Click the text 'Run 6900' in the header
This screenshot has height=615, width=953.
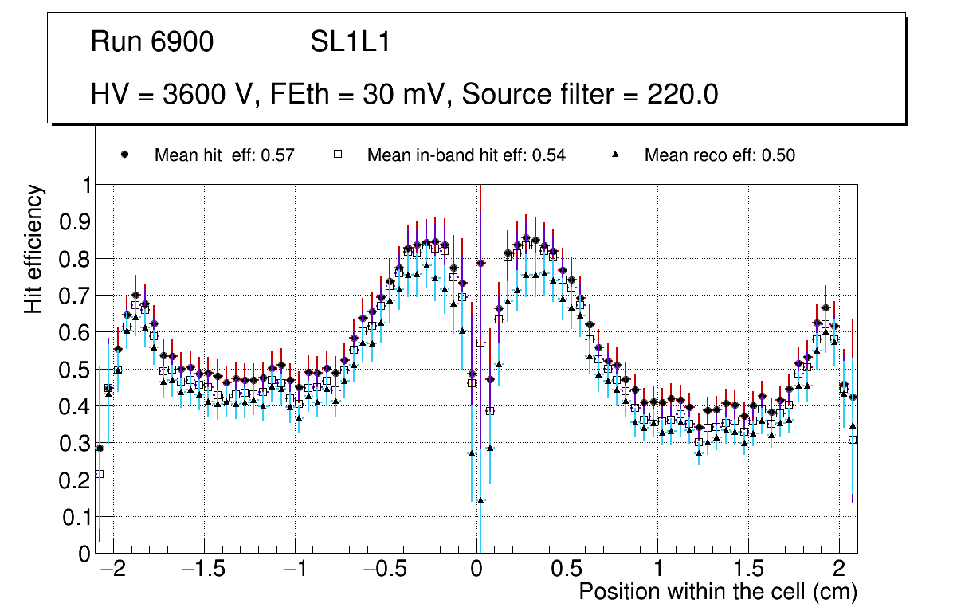click(x=152, y=42)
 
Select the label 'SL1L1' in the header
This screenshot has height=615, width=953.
click(x=350, y=42)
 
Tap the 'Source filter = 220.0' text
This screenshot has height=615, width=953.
click(x=590, y=95)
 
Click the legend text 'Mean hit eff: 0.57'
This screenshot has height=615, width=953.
click(x=225, y=155)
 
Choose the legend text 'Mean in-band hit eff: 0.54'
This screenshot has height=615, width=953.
click(x=466, y=155)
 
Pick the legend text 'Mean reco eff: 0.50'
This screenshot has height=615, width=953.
click(x=720, y=155)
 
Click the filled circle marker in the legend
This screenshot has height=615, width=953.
click(x=124, y=155)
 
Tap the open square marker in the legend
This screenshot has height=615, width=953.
click(x=337, y=155)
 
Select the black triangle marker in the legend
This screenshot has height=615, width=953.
click(x=615, y=155)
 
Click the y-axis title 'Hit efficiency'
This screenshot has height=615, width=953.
click(x=34, y=249)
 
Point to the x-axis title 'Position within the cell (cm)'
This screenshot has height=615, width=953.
click(x=718, y=592)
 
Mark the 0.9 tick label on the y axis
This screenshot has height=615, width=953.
click(x=76, y=221)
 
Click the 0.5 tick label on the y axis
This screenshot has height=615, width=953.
click(x=76, y=369)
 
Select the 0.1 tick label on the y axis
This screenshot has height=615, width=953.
click(x=76, y=517)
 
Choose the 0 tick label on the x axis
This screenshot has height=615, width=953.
click(x=476, y=570)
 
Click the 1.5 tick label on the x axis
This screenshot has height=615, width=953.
click(x=748, y=570)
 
